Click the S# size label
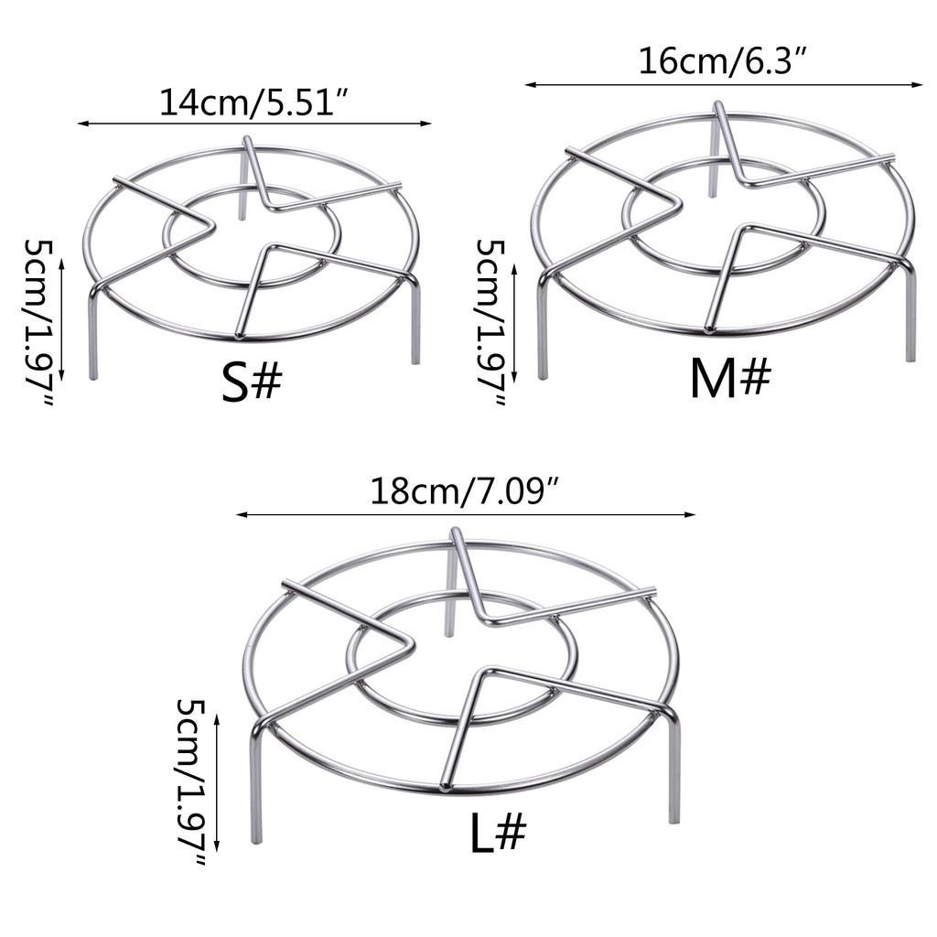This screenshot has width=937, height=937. point(251,384)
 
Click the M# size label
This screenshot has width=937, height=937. point(730,379)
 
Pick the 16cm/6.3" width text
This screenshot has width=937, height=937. point(723,62)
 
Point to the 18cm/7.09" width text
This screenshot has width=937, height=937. point(464,493)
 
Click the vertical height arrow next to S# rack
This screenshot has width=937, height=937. point(62,318)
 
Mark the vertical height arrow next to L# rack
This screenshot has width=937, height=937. point(216,781)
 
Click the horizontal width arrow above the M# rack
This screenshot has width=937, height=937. point(723,85)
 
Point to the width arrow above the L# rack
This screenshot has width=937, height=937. point(465,514)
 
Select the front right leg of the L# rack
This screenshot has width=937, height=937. point(674,773)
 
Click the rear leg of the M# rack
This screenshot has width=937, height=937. point(713,170)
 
